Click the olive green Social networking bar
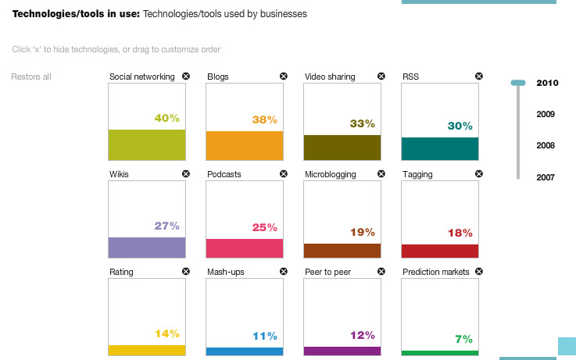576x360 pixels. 147,144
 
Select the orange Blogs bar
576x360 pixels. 244,145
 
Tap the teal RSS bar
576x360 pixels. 439,148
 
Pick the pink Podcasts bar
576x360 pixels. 244,248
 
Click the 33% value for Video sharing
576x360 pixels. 363,123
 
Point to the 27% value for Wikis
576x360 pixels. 167,226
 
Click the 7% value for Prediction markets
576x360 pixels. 464,339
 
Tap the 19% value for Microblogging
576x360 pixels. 363,232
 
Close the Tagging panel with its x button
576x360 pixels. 478,174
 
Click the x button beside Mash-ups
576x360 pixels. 284,272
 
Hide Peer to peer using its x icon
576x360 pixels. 381,272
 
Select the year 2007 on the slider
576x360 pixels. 546,177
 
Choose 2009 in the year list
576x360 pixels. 546,114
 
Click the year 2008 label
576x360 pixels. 546,145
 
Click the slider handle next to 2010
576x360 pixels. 517,83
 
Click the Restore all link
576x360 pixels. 31,77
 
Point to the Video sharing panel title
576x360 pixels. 330,77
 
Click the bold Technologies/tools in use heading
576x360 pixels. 75,14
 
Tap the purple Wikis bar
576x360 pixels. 147,247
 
